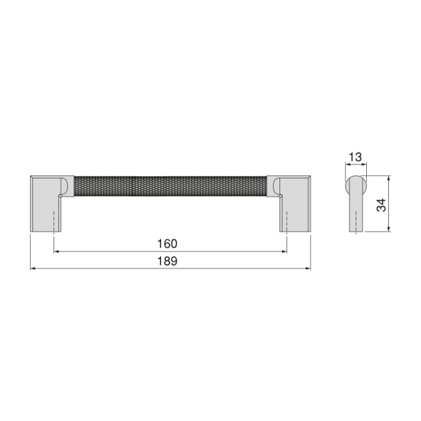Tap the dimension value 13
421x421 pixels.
click(356, 157)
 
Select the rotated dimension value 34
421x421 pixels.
click(381, 204)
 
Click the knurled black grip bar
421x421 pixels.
click(170, 186)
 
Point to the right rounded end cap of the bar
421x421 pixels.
click(275, 186)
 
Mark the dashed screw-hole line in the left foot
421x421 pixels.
click(53, 221)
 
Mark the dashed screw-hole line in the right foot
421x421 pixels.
click(287, 221)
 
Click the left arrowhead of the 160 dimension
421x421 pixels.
click(56, 251)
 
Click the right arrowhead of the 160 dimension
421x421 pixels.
click(285, 251)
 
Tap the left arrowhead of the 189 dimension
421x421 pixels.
click(34, 269)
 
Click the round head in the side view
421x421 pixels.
click(355, 183)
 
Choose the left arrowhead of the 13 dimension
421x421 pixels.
click(347, 166)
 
